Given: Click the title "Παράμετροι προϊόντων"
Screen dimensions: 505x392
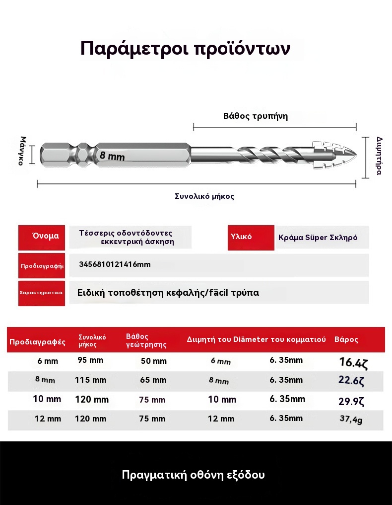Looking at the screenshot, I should pyautogui.click(x=185, y=49).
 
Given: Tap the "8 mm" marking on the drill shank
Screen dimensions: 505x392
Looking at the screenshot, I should pyautogui.click(x=112, y=156).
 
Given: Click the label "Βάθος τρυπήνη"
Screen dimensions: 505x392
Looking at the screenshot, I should pyautogui.click(x=256, y=116).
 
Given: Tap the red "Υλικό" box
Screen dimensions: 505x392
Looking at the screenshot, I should pyautogui.click(x=251, y=237).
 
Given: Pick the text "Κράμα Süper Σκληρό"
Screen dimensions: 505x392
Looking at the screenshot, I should pyautogui.click(x=318, y=238).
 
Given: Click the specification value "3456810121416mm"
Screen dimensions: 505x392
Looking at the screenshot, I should pyautogui.click(x=115, y=264).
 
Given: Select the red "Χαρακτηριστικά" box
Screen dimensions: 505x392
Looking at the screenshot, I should pyautogui.click(x=41, y=292).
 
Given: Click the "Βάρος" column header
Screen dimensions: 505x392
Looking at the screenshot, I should pyautogui.click(x=346, y=340).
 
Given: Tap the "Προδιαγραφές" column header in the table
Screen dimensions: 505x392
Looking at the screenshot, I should pyautogui.click(x=38, y=342).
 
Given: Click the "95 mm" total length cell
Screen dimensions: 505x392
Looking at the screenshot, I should pyautogui.click(x=90, y=360).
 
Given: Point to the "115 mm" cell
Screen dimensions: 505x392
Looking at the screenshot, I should pyautogui.click(x=90, y=380).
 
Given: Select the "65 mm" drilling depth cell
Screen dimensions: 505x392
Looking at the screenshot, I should pyautogui.click(x=153, y=380).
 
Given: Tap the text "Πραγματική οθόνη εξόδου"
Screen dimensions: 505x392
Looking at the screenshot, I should pyautogui.click(x=194, y=475).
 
